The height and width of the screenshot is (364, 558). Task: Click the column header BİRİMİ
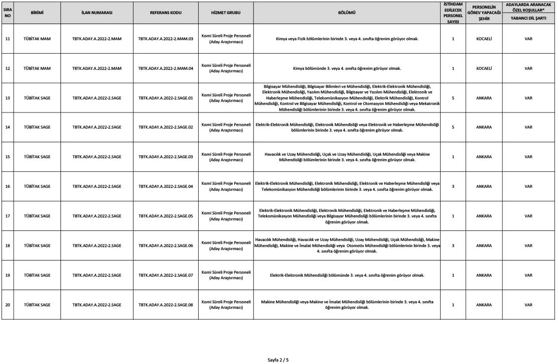37,13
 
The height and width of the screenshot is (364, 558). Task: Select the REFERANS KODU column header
166,13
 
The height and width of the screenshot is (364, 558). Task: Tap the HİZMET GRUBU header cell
226,13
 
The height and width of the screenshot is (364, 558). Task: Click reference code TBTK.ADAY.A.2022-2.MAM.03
166,39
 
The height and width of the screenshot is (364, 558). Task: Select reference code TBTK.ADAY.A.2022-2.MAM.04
166,68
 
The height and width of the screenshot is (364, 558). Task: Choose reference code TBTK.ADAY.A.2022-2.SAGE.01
166,98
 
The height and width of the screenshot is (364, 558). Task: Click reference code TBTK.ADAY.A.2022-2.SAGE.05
166,216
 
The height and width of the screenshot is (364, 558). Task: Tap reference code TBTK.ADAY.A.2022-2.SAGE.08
166,305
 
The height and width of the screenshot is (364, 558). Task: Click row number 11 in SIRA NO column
7,39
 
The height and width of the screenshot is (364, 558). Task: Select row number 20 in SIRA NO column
7,305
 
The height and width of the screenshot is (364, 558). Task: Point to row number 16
7,186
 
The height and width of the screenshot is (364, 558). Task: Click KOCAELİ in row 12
484,68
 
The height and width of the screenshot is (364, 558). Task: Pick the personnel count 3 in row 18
453,246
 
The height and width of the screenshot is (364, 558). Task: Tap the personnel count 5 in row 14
453,128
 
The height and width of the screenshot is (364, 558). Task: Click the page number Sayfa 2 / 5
278,359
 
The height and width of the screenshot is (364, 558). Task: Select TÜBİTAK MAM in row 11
37,39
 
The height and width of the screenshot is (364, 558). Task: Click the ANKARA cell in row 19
484,275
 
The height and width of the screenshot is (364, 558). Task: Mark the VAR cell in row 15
528,157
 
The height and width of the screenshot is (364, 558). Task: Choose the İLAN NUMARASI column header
97,13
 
